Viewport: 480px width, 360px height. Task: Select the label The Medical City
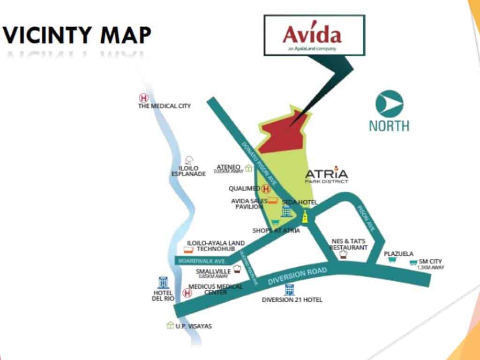click(164, 106)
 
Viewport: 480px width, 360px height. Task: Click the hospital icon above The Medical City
click(143, 98)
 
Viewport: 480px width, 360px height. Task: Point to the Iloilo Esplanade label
click(188, 171)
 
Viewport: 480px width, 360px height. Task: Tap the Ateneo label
click(229, 167)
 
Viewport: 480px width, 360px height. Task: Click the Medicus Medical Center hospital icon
click(187, 293)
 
